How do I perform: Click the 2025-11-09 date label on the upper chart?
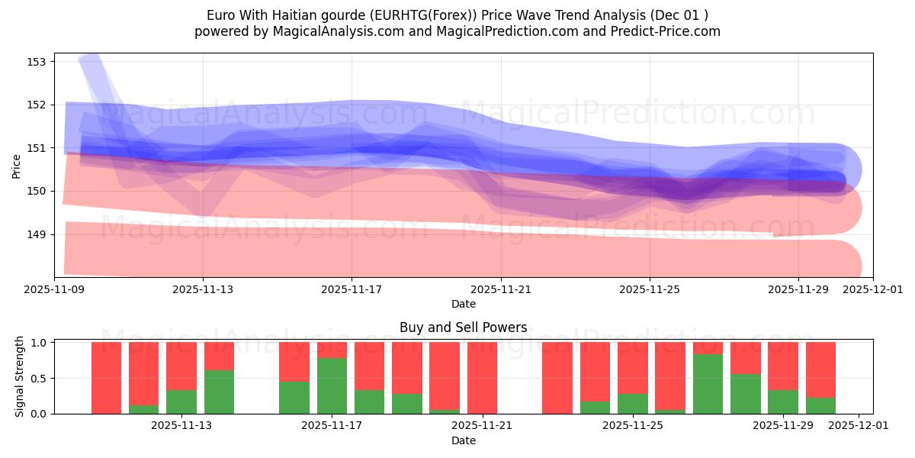pyautogui.click(x=54, y=290)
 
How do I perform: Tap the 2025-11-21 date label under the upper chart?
pyautogui.click(x=501, y=290)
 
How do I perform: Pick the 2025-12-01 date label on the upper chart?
pyautogui.click(x=872, y=290)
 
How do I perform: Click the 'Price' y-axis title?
pyautogui.click(x=17, y=165)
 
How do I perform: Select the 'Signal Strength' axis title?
pyautogui.click(x=20, y=377)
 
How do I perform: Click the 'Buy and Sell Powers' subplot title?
pyautogui.click(x=463, y=327)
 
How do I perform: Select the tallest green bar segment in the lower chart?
pyautogui.click(x=708, y=384)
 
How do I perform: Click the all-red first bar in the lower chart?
pyautogui.click(x=107, y=378)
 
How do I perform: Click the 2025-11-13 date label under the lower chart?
pyautogui.click(x=181, y=426)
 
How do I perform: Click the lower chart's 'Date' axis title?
pyautogui.click(x=463, y=440)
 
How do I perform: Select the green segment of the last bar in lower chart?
pyautogui.click(x=820, y=406)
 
